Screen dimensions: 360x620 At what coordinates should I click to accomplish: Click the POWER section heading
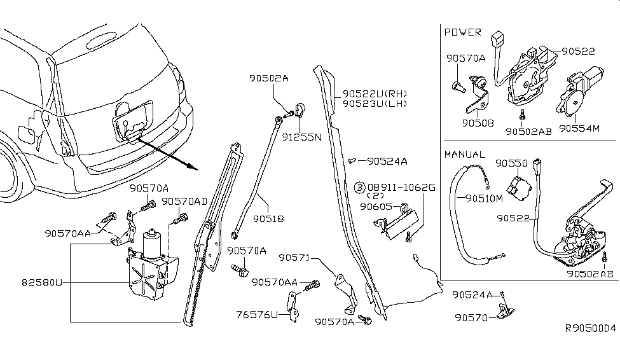tap(462, 32)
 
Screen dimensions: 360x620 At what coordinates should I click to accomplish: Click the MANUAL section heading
tap(465, 155)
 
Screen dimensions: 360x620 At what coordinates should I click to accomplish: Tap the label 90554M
tap(579, 128)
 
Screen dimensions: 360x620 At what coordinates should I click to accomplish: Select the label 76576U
tap(258, 314)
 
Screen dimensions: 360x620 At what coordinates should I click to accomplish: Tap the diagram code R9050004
tap(591, 328)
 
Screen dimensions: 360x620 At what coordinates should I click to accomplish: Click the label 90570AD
tap(184, 201)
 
